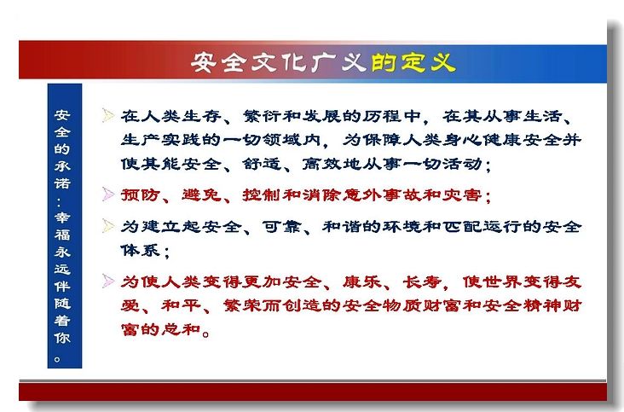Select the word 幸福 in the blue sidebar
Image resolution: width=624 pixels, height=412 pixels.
62,226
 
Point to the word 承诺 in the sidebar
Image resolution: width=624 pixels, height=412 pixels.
62,174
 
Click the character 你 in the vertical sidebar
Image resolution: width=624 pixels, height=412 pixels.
62,338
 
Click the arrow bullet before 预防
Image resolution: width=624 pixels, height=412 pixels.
108,194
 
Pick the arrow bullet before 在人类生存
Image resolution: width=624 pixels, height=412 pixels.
108,115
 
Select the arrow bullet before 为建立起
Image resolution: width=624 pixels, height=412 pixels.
108,226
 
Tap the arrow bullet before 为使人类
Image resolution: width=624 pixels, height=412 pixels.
108,281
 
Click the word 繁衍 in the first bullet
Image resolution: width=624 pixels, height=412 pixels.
263,116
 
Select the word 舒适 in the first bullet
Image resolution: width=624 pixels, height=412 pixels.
263,164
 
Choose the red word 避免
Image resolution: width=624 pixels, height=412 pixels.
202,195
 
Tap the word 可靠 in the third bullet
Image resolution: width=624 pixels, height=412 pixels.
282,227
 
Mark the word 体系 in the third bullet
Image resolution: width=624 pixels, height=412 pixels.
141,251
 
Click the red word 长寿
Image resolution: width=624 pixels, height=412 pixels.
422,282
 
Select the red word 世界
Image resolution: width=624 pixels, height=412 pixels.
503,282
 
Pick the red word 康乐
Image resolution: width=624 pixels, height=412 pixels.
362,282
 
